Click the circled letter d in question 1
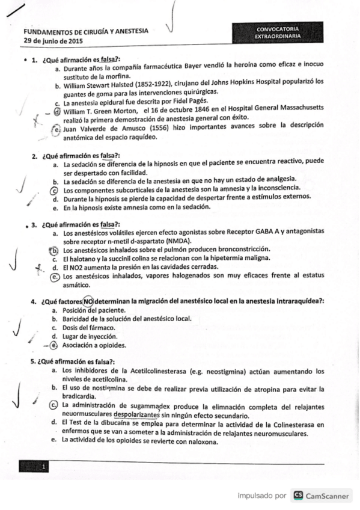57,111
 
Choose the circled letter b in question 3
53,250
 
